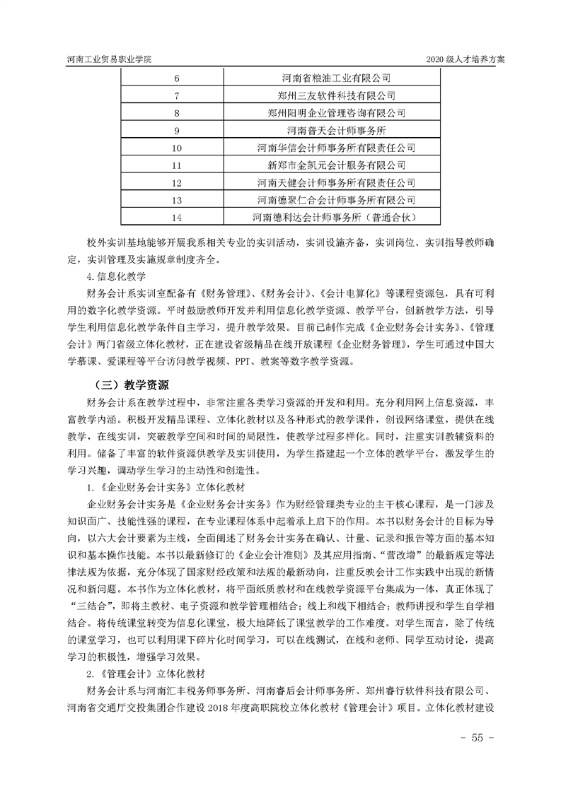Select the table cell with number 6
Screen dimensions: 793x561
click(x=177, y=78)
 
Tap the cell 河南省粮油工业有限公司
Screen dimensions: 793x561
click(x=336, y=78)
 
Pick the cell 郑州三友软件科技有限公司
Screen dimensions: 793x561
click(x=336, y=95)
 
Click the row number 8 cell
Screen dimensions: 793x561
click(x=177, y=113)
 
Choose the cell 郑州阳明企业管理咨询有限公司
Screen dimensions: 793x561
click(x=336, y=113)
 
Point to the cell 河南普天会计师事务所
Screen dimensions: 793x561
click(x=336, y=131)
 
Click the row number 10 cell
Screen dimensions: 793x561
click(x=177, y=148)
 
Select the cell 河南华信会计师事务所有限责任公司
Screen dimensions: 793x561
click(x=336, y=148)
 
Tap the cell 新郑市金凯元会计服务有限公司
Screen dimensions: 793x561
click(x=336, y=165)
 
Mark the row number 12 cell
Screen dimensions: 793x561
click(x=177, y=182)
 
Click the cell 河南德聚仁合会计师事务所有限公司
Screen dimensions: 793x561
click(x=336, y=200)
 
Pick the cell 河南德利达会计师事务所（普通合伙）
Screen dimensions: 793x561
click(x=336, y=217)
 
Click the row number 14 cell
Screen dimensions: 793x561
click(x=177, y=217)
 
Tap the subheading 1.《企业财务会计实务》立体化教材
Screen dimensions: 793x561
click(x=166, y=488)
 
